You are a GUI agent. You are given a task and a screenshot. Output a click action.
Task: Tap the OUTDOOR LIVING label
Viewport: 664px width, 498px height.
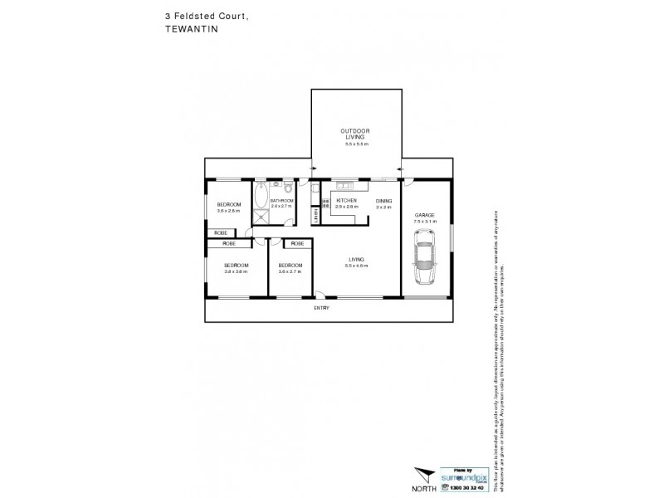point(355,135)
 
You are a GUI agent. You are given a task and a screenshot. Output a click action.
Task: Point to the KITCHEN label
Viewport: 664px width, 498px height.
point(346,201)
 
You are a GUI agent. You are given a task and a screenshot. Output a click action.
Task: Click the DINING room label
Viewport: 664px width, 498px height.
point(383,201)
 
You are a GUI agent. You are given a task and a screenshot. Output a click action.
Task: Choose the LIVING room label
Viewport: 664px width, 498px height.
point(357,259)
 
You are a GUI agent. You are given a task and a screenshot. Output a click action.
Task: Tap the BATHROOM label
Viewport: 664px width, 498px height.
point(282,202)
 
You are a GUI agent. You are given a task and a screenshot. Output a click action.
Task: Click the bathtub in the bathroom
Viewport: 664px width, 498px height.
point(261,198)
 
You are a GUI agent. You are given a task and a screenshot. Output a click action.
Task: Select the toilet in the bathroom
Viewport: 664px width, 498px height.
point(288,187)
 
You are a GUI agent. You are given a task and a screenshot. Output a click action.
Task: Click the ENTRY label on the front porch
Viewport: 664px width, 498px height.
point(321,309)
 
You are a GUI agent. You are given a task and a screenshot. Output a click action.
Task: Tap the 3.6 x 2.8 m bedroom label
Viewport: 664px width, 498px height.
point(229,207)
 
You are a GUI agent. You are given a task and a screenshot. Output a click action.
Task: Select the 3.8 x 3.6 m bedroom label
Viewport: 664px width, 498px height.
point(236,267)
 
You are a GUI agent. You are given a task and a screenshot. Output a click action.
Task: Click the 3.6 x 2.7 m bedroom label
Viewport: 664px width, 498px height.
point(290,267)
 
